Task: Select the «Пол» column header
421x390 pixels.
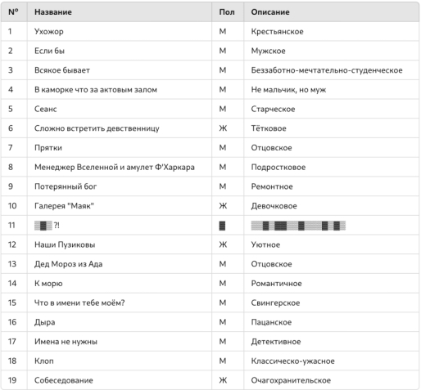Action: pyautogui.click(x=227, y=13)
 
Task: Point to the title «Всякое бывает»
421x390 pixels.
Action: pyautogui.click(x=64, y=70)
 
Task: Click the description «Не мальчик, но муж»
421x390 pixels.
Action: pyautogui.click(x=291, y=89)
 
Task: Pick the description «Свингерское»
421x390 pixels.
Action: pyautogui.click(x=275, y=302)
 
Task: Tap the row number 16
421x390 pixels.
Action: pyautogui.click(x=11, y=321)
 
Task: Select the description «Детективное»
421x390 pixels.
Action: pyautogui.click(x=276, y=341)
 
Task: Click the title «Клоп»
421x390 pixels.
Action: pyautogui.click(x=44, y=360)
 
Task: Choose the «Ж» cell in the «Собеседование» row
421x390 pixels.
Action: pyautogui.click(x=222, y=379)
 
